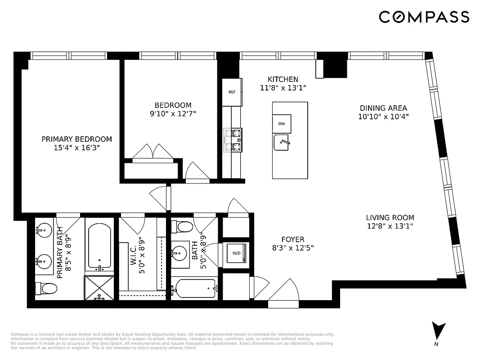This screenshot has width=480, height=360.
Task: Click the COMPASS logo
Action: tap(424, 17)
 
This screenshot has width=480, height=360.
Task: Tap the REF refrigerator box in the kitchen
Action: tap(232, 92)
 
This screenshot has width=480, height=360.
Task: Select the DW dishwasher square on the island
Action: tap(282, 124)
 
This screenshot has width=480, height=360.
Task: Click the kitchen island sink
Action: tap(282, 143)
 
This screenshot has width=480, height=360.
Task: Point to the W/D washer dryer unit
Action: tap(236, 253)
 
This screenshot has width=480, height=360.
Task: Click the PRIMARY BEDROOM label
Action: tap(76, 139)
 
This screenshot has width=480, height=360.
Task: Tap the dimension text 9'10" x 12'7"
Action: tap(173, 113)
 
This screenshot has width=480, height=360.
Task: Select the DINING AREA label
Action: tap(383, 108)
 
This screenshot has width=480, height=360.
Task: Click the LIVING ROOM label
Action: tap(390, 217)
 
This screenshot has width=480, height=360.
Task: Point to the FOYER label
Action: tap(293, 239)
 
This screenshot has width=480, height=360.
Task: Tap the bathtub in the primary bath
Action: tap(100, 246)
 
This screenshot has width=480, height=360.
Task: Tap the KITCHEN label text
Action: tap(283, 79)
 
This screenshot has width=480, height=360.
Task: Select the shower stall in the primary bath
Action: tap(99, 288)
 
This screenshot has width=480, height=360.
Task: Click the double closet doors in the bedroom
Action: tap(153, 151)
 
